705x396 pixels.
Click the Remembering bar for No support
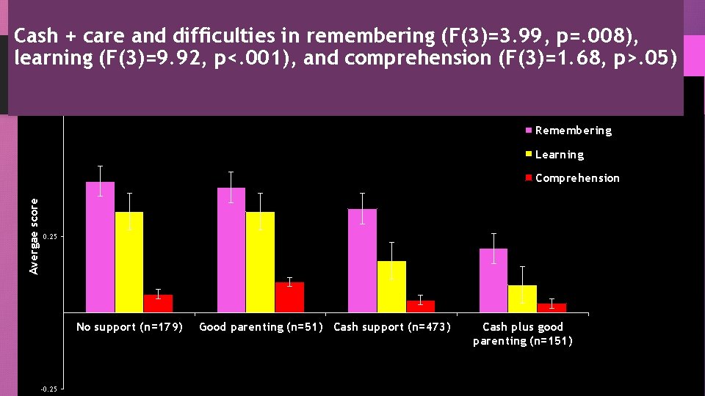click(x=101, y=247)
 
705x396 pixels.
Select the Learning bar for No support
click(x=129, y=262)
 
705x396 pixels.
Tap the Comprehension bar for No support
click(x=159, y=304)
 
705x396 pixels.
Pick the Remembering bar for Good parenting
click(x=231, y=250)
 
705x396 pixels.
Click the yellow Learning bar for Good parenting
click(x=260, y=262)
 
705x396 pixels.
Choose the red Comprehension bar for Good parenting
click(x=289, y=297)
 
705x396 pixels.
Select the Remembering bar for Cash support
click(x=362, y=260)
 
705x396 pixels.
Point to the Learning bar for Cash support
click(x=391, y=287)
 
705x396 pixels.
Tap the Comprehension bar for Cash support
click(x=421, y=307)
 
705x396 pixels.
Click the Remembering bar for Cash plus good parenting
click(x=493, y=280)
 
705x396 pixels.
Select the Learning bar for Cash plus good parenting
click(x=522, y=298)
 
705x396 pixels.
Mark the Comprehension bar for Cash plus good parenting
click(x=552, y=308)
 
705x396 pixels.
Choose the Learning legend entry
click(x=559, y=155)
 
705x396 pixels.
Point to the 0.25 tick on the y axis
click(x=48, y=238)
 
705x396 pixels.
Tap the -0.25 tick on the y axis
click(x=48, y=389)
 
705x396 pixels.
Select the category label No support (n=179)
click(x=129, y=327)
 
